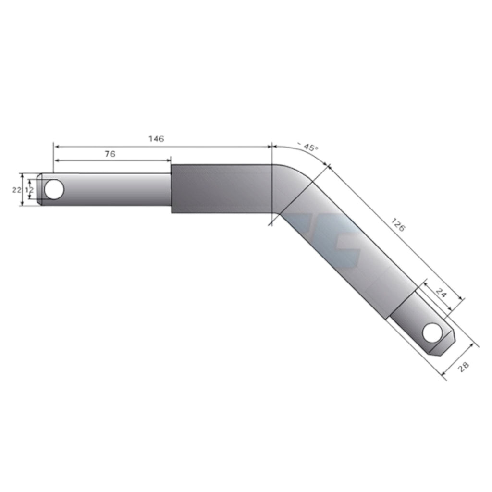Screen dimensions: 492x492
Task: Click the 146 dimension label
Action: (156, 139)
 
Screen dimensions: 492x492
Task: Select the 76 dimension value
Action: (110, 154)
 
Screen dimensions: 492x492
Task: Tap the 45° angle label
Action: (308, 147)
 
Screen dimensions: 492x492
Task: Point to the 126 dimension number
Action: (398, 225)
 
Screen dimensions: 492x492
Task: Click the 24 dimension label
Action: (441, 294)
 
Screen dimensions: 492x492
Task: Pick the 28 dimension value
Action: (464, 367)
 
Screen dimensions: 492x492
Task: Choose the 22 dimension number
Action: (17, 190)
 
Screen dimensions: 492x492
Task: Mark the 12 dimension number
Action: (29, 190)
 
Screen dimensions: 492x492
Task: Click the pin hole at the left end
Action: (54, 189)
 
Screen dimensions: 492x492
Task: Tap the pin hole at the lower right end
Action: (432, 332)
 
